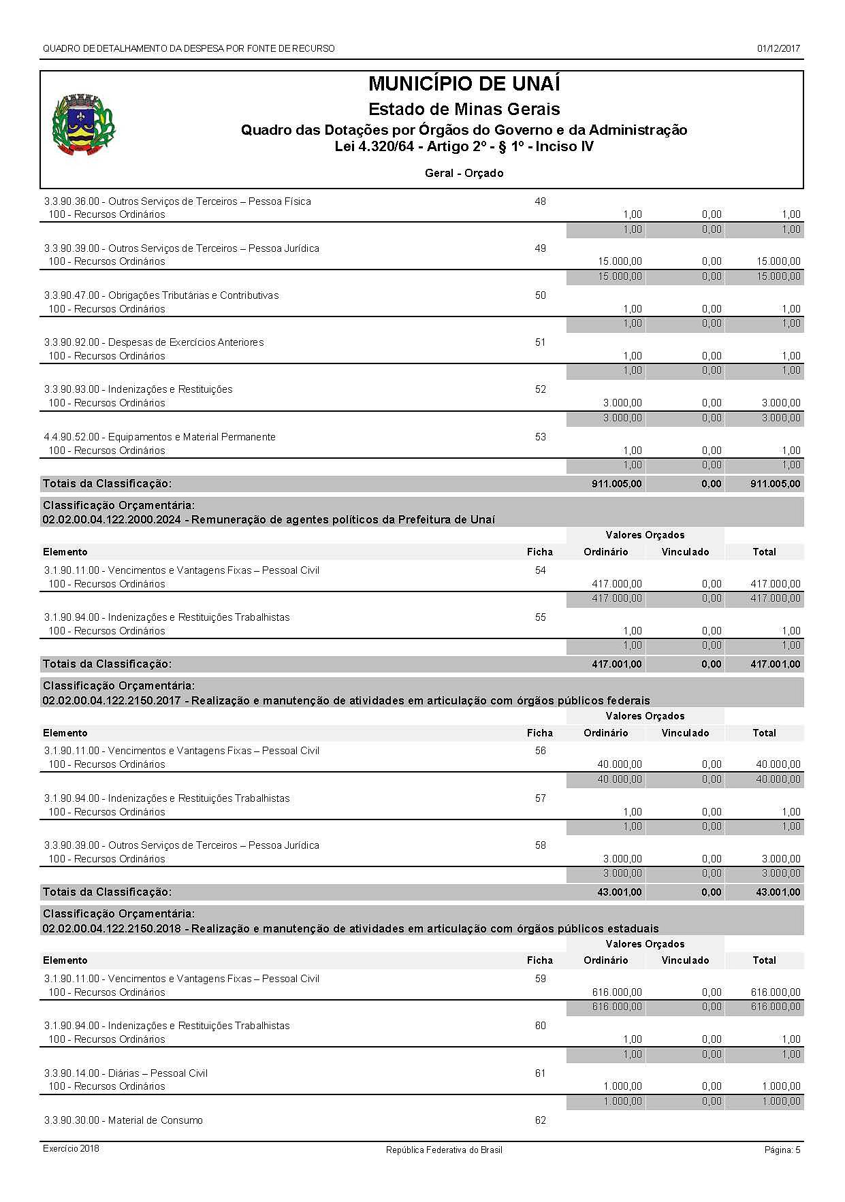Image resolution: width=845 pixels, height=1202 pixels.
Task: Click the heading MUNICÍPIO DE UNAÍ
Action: coord(464,84)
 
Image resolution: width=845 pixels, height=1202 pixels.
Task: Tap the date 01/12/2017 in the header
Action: coord(778,49)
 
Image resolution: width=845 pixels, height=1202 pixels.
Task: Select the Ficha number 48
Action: coord(540,201)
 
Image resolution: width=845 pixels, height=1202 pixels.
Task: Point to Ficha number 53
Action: coord(540,437)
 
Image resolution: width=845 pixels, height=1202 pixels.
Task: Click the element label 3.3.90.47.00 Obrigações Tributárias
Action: coord(161,295)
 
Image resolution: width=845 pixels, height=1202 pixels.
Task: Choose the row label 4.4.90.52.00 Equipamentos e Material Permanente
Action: coord(160,437)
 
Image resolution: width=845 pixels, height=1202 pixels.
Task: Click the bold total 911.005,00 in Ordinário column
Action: coord(616,484)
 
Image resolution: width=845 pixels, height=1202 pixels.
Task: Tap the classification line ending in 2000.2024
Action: coord(268,520)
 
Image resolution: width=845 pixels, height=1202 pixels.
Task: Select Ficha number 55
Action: coord(540,617)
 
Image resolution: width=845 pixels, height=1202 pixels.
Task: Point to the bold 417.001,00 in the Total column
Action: coord(775,664)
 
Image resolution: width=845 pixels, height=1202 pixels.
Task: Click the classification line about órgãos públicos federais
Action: coord(346,700)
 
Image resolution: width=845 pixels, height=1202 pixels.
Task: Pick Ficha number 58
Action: coord(540,845)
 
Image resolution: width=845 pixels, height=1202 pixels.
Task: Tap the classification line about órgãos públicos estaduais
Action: coord(350,928)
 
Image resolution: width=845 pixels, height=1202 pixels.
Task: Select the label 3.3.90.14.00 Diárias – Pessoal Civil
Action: coord(126,1073)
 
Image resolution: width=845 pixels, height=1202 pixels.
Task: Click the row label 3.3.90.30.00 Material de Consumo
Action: coord(123,1120)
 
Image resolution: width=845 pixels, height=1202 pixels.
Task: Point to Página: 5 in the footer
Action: coord(782,1150)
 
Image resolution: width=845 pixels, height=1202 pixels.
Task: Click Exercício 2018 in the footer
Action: coord(71,1148)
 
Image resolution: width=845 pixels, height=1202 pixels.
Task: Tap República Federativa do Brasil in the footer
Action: coord(444,1150)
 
